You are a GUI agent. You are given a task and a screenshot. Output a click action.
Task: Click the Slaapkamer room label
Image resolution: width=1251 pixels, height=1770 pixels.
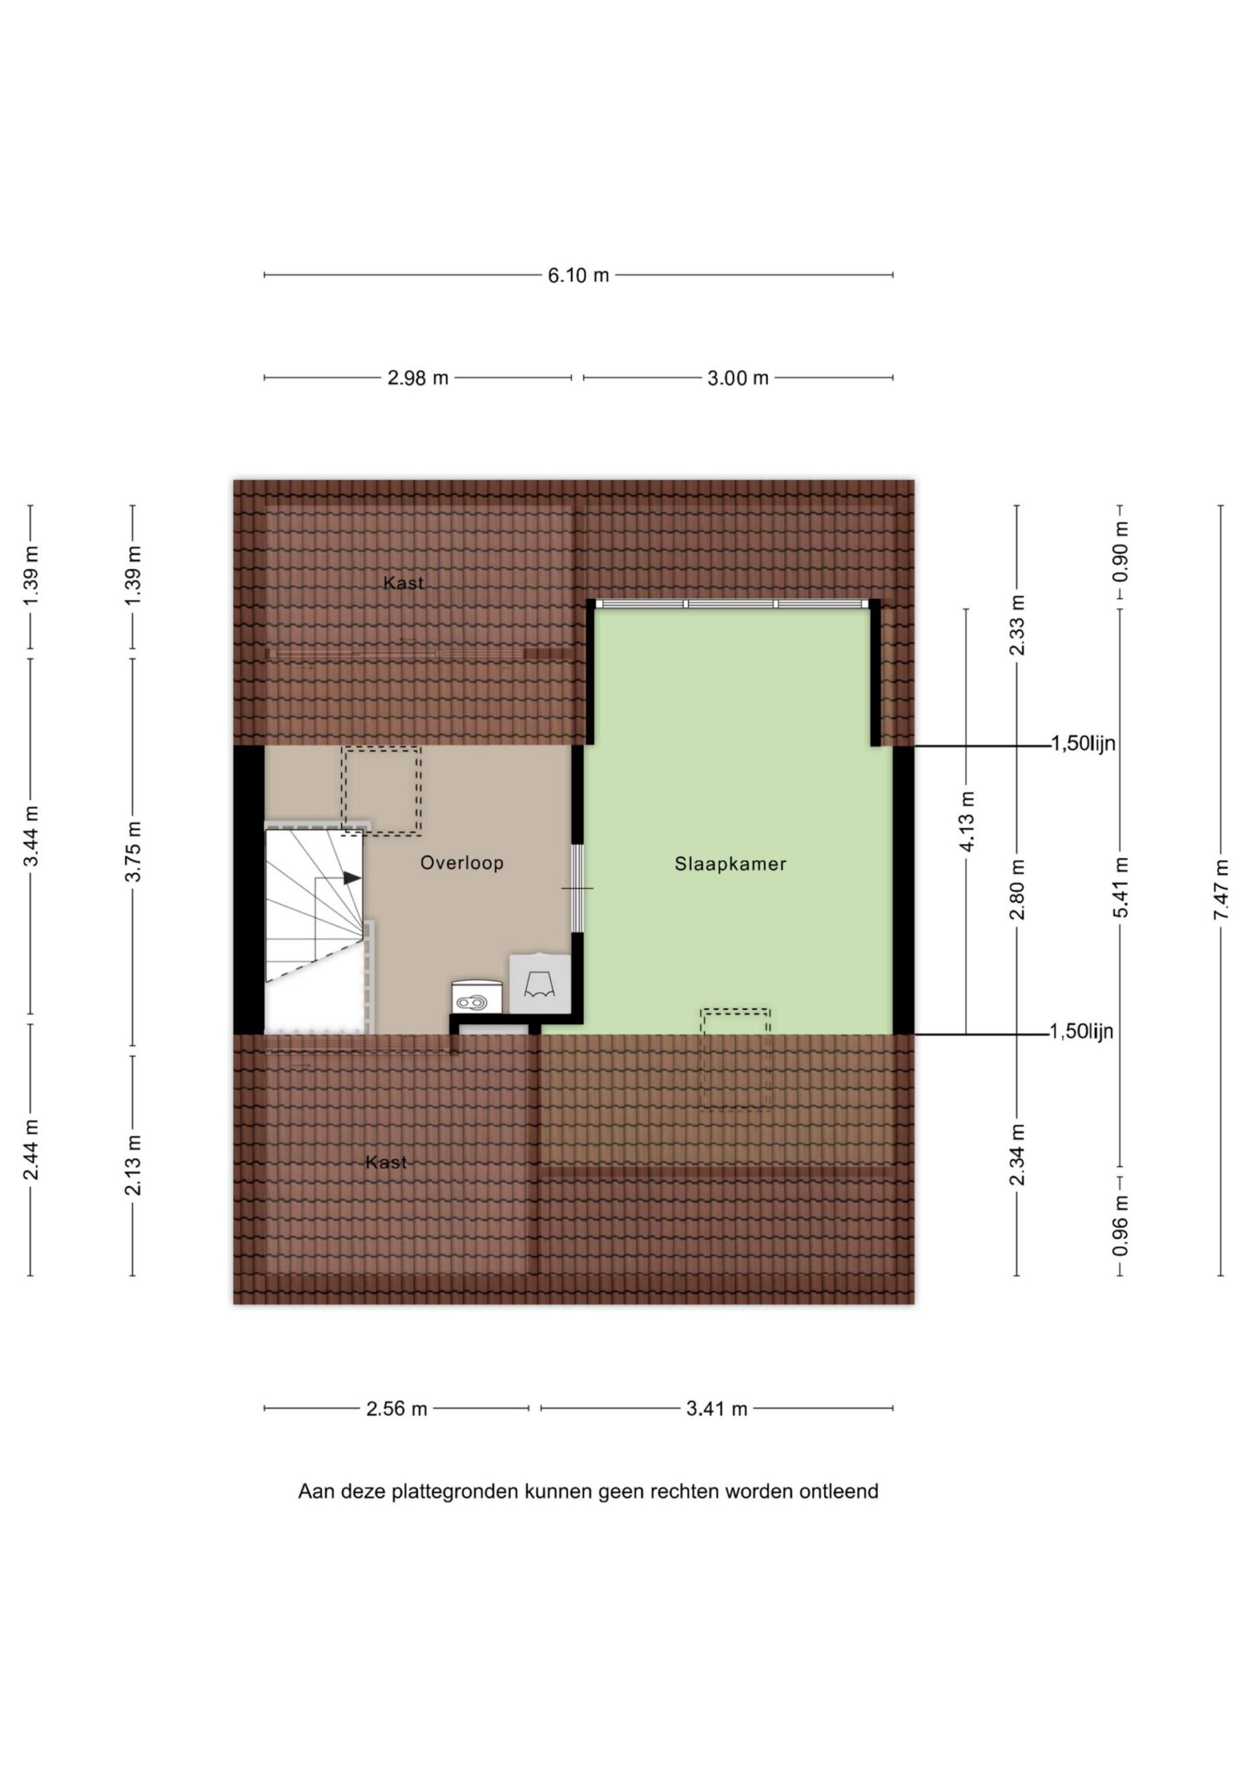730,864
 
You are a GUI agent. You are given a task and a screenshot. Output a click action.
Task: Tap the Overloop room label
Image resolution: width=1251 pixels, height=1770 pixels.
462,863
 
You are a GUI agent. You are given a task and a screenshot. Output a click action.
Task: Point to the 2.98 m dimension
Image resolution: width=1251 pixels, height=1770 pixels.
417,378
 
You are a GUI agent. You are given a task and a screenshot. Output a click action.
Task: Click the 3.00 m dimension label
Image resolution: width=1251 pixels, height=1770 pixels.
737,378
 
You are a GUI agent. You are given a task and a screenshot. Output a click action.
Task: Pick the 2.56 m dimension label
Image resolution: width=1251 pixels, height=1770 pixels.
396,1409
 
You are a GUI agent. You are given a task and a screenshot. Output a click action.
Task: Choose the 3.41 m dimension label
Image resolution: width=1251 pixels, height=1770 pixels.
717,1409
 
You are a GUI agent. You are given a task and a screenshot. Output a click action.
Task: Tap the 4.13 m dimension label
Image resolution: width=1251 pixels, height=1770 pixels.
966,821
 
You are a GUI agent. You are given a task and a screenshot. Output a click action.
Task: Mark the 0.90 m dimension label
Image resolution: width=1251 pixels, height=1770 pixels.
1120,552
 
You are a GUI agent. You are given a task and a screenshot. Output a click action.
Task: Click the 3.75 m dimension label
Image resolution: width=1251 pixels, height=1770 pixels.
133,851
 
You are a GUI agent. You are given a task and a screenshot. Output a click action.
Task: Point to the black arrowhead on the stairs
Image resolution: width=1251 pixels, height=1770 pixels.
352,877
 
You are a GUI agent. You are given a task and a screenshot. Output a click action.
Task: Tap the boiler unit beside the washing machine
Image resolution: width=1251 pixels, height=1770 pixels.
540,983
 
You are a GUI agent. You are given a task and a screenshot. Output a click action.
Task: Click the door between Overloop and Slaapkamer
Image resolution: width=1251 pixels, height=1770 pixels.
576,888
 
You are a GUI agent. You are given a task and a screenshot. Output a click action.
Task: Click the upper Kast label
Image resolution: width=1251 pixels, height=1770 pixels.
403,584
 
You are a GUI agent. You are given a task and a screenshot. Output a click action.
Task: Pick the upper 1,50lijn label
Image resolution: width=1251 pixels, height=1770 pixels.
1083,744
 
